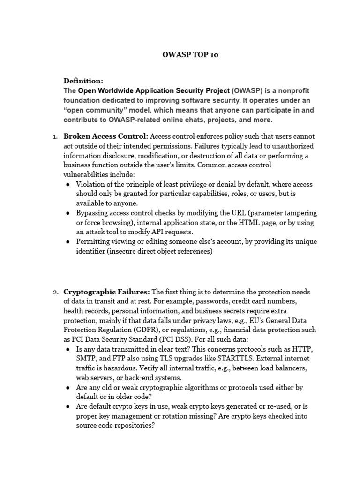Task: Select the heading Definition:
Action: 83,81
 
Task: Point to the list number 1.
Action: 54,136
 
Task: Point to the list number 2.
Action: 54,292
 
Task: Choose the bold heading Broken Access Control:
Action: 106,136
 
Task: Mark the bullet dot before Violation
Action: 68,184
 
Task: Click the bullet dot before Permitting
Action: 68,242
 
